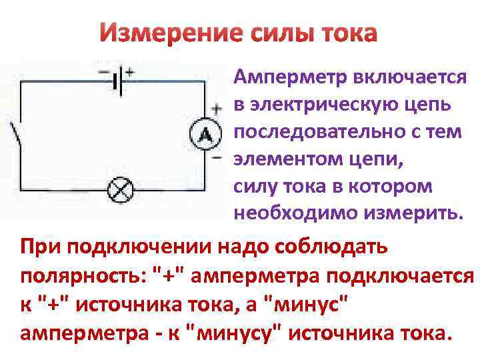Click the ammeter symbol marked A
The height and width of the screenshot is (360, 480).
[x=205, y=135]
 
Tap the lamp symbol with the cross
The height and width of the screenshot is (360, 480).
[x=119, y=190]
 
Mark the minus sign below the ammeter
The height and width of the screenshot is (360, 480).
[x=216, y=160]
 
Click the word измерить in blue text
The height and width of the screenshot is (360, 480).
[x=409, y=213]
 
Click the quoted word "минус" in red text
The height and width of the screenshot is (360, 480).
[x=309, y=303]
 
